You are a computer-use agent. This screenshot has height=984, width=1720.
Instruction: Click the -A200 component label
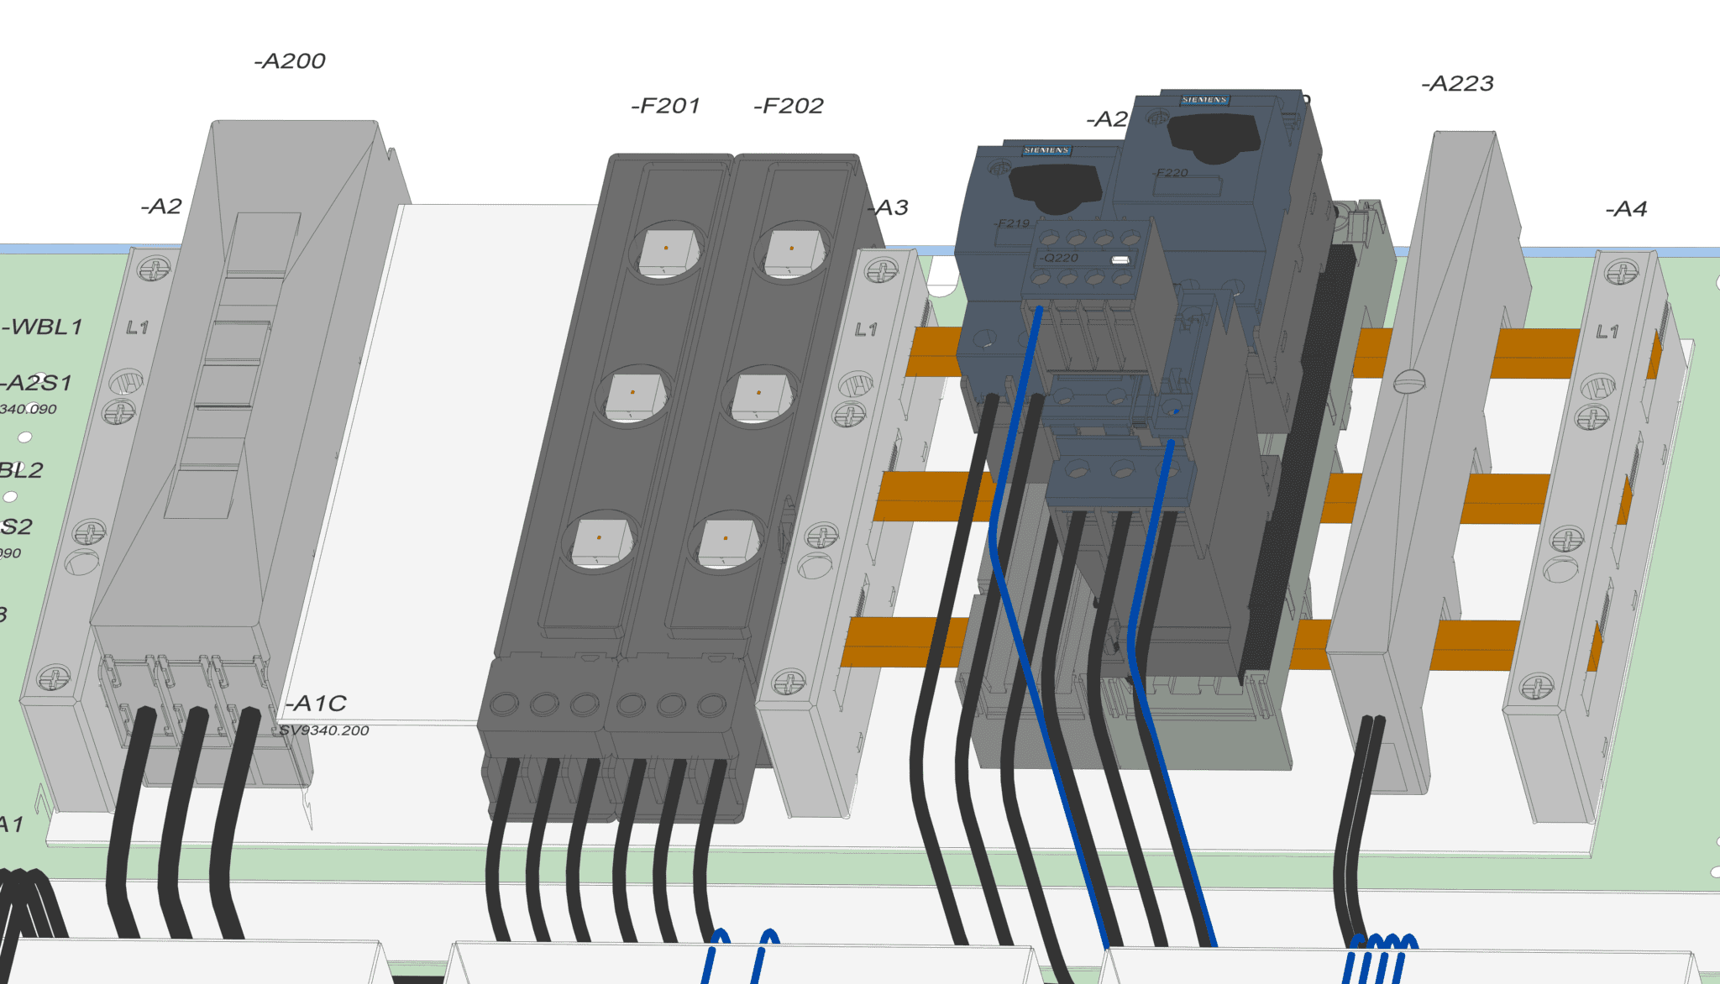(290, 61)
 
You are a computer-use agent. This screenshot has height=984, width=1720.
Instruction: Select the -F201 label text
(665, 106)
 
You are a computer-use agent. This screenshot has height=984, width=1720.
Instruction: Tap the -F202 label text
(789, 106)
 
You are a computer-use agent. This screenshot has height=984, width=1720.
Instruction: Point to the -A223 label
(1457, 84)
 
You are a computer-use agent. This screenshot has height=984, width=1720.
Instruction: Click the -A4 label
(1626, 209)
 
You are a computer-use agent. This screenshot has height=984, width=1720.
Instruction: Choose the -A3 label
(889, 207)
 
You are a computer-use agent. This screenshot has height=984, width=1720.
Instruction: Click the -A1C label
(316, 704)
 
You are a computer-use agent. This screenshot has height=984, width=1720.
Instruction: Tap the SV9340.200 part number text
(324, 730)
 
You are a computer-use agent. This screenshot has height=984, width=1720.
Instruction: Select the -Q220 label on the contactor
(1059, 258)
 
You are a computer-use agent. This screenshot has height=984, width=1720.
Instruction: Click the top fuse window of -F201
(666, 250)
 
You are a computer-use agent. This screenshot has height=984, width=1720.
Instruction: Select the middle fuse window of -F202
(758, 395)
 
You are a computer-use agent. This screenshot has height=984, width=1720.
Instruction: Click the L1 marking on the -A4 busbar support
(1607, 332)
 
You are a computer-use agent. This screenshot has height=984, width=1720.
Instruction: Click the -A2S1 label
(38, 383)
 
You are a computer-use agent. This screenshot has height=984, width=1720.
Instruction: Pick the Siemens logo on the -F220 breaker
(1204, 100)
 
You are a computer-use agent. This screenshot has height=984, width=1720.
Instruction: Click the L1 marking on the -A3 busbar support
(866, 329)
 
